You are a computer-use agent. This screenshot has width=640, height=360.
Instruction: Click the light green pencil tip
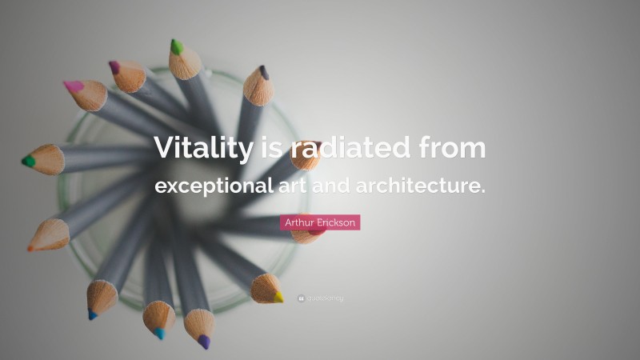pos(176,47)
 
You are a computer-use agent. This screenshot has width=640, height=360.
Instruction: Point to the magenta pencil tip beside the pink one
pos(114,67)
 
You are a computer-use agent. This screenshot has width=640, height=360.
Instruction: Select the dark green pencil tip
pos(28,161)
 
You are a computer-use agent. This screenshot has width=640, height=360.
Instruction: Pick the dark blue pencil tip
pos(92,315)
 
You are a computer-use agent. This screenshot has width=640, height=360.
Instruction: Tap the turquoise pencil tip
pos(159,333)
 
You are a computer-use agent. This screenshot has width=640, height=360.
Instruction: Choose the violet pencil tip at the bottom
pos(204,342)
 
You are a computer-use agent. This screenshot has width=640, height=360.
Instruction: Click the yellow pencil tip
pos(278,297)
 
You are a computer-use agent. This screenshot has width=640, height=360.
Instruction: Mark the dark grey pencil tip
pos(264,72)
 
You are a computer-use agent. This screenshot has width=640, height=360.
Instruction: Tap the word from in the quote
pos(453,148)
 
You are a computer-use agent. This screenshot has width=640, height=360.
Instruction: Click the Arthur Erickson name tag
pos(320,222)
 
